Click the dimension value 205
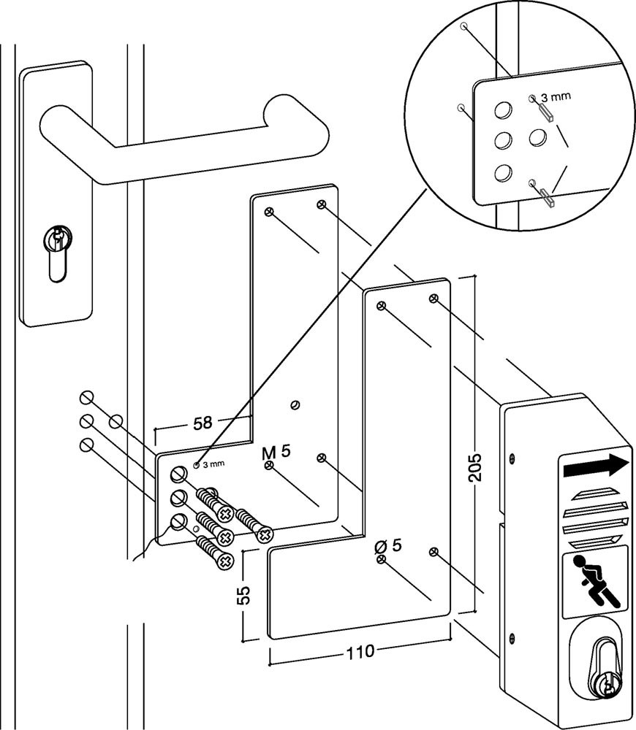pos(476,463)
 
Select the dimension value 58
pos(203,423)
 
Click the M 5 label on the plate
pos(276,451)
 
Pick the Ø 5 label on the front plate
pos(388,546)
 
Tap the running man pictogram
pos(597,580)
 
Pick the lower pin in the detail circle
pos(547,195)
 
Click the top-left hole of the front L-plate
pos(380,305)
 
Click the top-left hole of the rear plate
pos(269,212)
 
